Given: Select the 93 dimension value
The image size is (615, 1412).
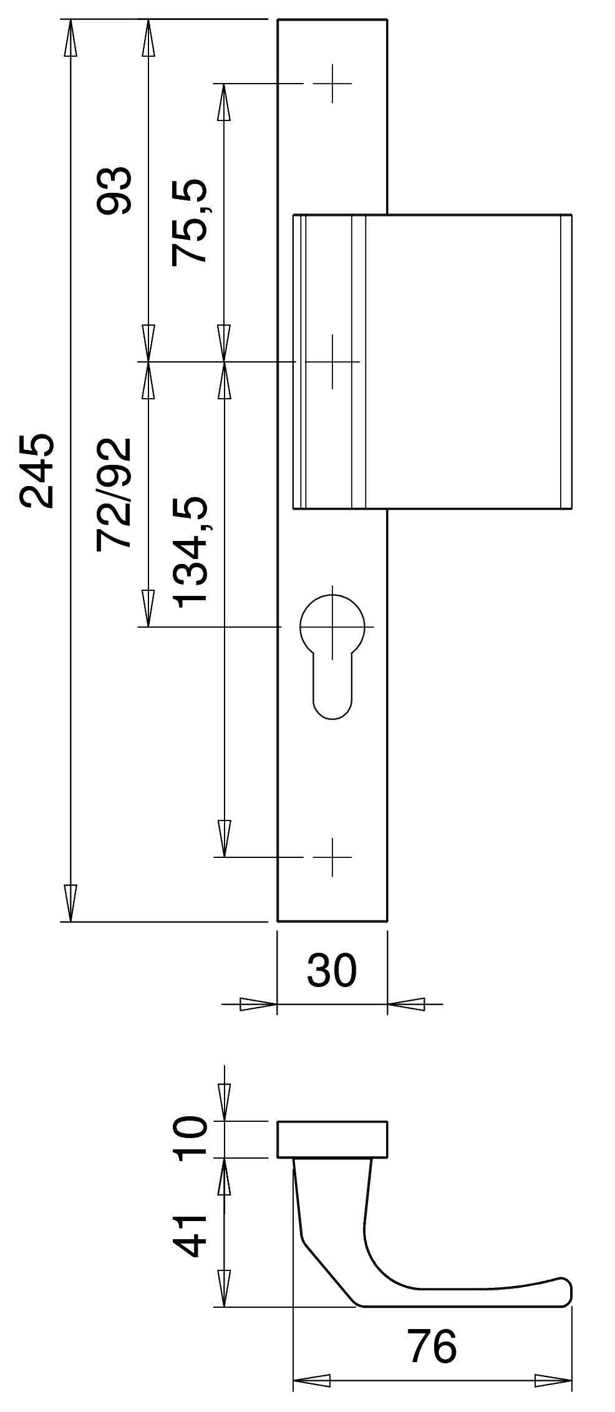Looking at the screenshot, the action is (x=114, y=191).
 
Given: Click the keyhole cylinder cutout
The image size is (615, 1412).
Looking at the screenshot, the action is (x=332, y=653).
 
